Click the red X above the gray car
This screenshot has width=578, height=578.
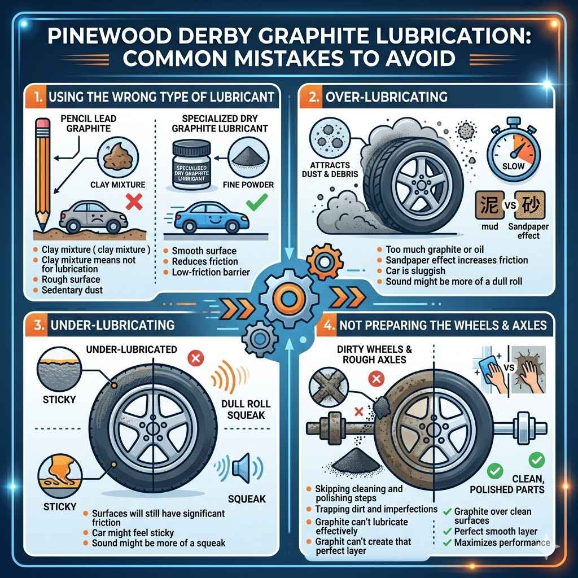pyautogui.click(x=134, y=202)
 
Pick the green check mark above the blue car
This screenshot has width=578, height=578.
pyautogui.click(x=257, y=202)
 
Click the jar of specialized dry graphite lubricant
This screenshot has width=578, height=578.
pyautogui.click(x=192, y=165)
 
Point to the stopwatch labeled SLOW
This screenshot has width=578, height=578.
pyautogui.click(x=514, y=151)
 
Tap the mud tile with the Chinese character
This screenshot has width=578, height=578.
pyautogui.click(x=489, y=204)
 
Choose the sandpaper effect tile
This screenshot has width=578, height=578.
pyautogui.click(x=529, y=204)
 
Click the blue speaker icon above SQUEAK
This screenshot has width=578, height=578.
pyautogui.click(x=239, y=468)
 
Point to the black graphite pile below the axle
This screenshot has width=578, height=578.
pyautogui.click(x=355, y=460)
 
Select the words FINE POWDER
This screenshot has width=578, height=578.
pyautogui.click(x=248, y=185)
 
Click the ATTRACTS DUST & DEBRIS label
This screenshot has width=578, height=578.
pyautogui.click(x=330, y=169)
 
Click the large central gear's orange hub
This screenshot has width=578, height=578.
pyautogui.click(x=288, y=299)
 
